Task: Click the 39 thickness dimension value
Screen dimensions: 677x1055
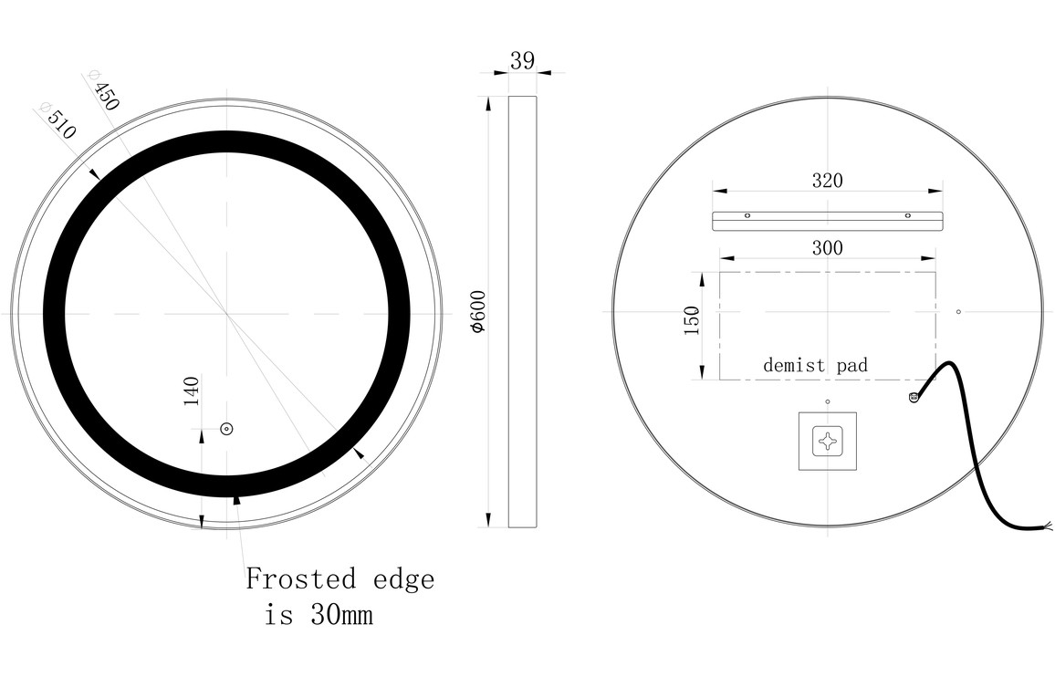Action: [x=522, y=61]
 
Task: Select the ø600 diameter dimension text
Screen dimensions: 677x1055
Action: [x=476, y=311]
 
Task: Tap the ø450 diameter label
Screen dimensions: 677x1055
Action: [x=103, y=90]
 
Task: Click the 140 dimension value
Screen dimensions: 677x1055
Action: [x=192, y=391]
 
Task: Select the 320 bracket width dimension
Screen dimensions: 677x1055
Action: [x=827, y=180]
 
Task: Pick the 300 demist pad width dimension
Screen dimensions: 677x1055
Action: [x=827, y=247]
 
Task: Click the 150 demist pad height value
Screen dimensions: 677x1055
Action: [x=691, y=320]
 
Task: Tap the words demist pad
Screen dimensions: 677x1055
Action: [x=815, y=365]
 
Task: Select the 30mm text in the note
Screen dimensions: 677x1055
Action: [x=340, y=616]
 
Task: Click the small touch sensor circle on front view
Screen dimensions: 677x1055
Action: [x=226, y=429]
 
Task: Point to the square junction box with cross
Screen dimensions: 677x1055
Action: [x=828, y=442]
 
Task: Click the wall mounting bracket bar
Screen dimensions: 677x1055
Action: [x=827, y=219]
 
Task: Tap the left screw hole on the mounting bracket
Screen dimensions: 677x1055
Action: [x=747, y=216]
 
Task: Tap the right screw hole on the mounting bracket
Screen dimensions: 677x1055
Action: [x=908, y=216]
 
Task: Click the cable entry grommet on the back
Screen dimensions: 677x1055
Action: [x=913, y=396]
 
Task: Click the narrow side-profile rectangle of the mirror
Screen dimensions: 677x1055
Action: [x=522, y=311]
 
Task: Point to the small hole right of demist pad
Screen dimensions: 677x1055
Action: [x=958, y=312]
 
